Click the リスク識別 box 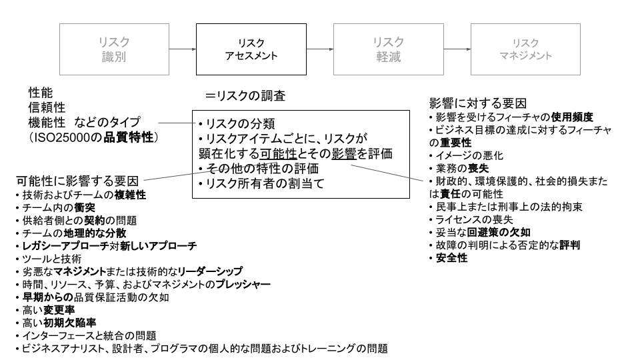(x=114, y=49)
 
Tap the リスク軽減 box (x=388, y=49)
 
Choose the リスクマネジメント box (x=525, y=49)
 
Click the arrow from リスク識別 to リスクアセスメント (x=182, y=49)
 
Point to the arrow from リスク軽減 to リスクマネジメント (x=456, y=49)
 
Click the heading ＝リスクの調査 (x=245, y=96)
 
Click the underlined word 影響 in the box (x=345, y=153)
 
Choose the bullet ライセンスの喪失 (x=474, y=219)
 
